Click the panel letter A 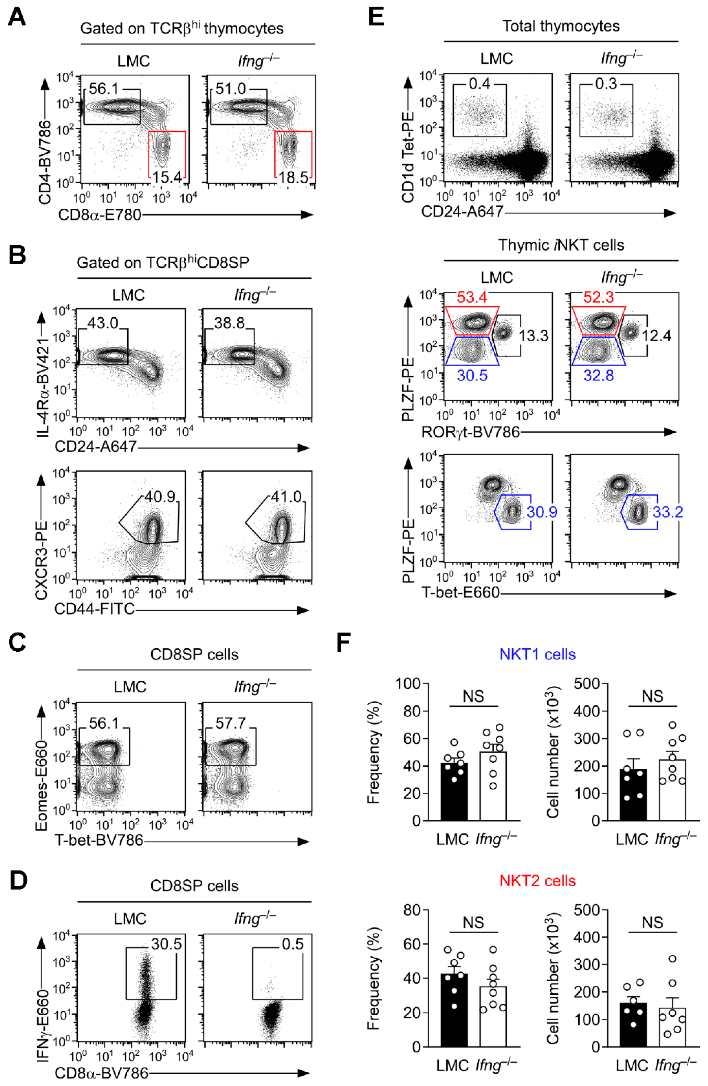tap(17, 18)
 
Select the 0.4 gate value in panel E tap(479, 83)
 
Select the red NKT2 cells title tap(537, 880)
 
